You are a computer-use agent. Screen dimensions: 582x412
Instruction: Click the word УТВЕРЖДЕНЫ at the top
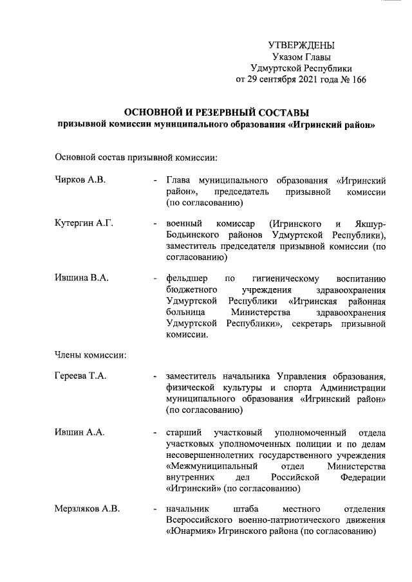pos(301,45)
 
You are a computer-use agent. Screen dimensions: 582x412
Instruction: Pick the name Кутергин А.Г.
pos(84,223)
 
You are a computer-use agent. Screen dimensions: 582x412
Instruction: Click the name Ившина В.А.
pos(82,278)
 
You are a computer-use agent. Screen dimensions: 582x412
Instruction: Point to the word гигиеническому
pos(286,278)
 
